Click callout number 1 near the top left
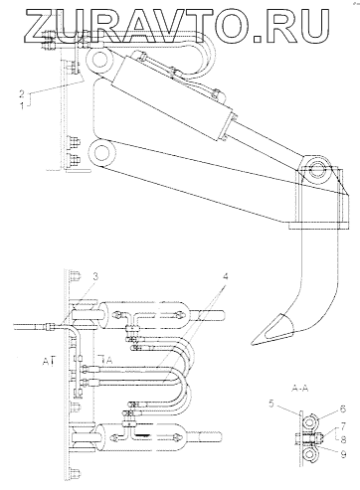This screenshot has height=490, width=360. click(22, 106)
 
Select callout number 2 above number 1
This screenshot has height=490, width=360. click(22, 94)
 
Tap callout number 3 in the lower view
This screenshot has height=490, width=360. click(95, 276)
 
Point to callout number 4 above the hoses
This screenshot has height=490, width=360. click(225, 276)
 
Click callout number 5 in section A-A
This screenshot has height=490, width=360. click(271, 404)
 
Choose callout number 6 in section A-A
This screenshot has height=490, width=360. click(343, 409)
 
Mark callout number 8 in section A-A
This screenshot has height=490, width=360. click(343, 439)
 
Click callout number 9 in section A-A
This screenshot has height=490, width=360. click(343, 454)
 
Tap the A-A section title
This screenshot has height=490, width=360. click(299, 388)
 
